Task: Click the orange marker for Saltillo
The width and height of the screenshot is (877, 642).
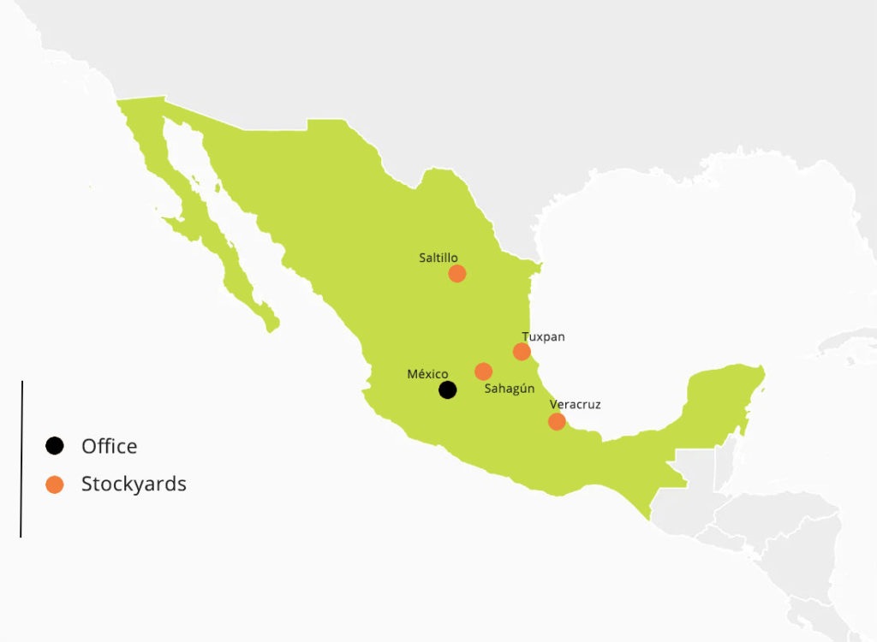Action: [456, 274]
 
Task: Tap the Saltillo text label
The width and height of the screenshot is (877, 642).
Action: [438, 257]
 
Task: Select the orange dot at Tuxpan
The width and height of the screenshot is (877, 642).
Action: [522, 352]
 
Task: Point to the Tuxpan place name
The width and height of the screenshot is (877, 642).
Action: [543, 336]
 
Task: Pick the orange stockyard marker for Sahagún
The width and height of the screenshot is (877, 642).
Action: [483, 372]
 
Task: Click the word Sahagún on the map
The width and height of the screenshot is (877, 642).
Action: [510, 389]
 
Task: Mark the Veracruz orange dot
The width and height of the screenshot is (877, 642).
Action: [557, 421]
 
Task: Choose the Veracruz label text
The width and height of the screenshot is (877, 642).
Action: [575, 404]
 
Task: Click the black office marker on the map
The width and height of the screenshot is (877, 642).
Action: [447, 390]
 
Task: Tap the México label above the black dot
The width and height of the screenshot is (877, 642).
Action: [427, 374]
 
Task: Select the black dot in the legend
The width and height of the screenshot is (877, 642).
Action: [55, 446]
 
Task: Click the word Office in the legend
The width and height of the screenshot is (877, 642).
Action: [109, 446]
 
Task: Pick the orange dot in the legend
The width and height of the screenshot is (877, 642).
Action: [55, 484]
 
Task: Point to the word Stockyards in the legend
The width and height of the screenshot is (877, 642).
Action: [134, 484]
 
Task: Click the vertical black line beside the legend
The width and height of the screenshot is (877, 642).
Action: [21, 459]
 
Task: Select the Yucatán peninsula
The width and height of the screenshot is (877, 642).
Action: [724, 402]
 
